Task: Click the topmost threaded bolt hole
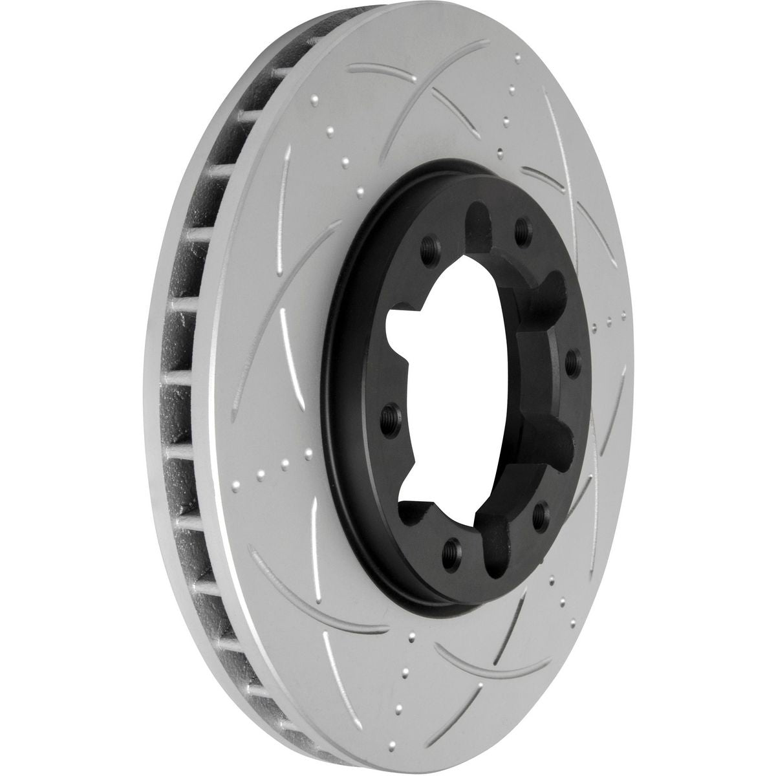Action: coord(521,228)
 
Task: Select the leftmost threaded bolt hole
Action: coord(391,413)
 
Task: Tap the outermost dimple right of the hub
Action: coord(624,315)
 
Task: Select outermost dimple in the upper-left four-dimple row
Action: coord(314,100)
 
